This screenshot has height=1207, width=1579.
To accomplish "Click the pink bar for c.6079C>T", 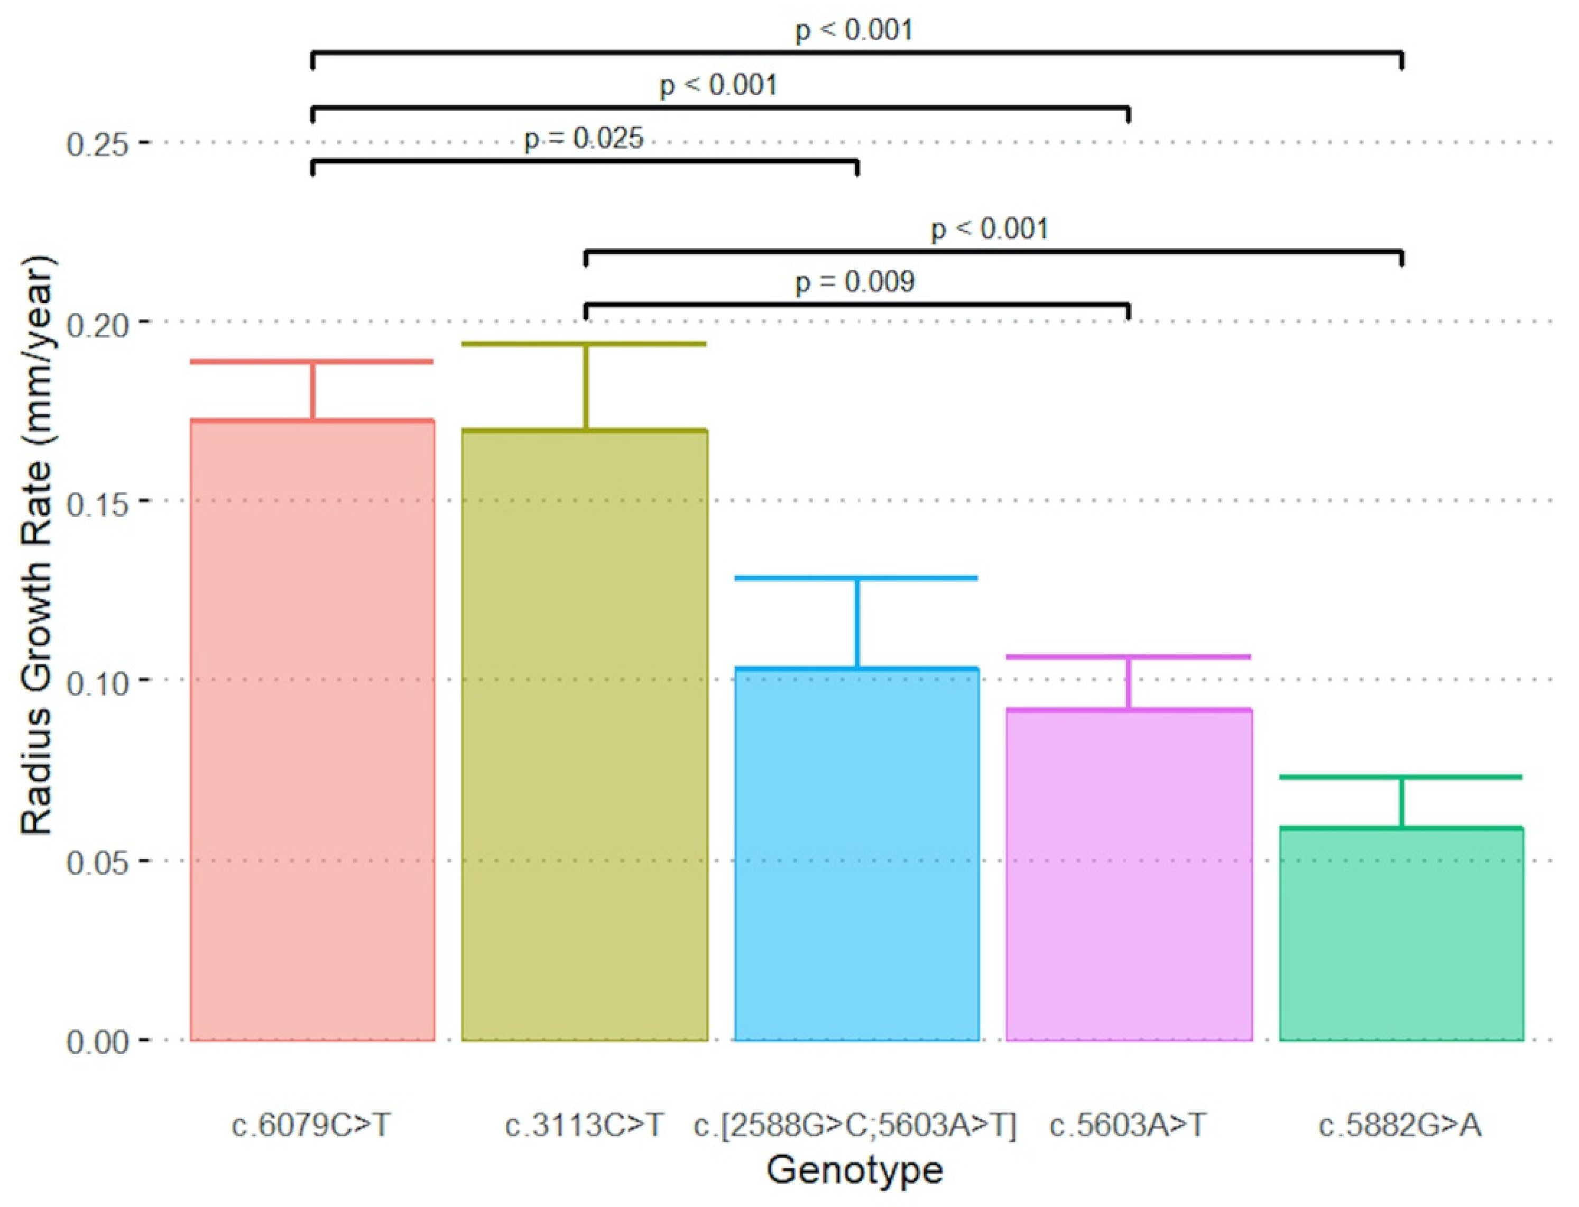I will pos(312,729).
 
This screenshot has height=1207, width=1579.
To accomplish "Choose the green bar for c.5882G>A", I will pos(1400,934).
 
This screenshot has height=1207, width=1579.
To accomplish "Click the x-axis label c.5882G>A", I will pos(1400,1125).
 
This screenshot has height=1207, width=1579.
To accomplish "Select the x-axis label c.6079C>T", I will pos(311,1125).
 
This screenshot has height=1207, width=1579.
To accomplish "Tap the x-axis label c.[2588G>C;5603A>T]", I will pos(855,1125).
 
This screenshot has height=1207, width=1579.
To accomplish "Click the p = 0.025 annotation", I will pos(583,139).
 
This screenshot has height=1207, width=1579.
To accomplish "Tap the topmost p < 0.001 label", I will pos(854,30).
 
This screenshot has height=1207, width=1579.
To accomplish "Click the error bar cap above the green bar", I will pos(1400,776).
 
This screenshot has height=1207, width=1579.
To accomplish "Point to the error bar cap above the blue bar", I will pos(856,578).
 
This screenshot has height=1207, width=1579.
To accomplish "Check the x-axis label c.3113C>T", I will pos(585,1125).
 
